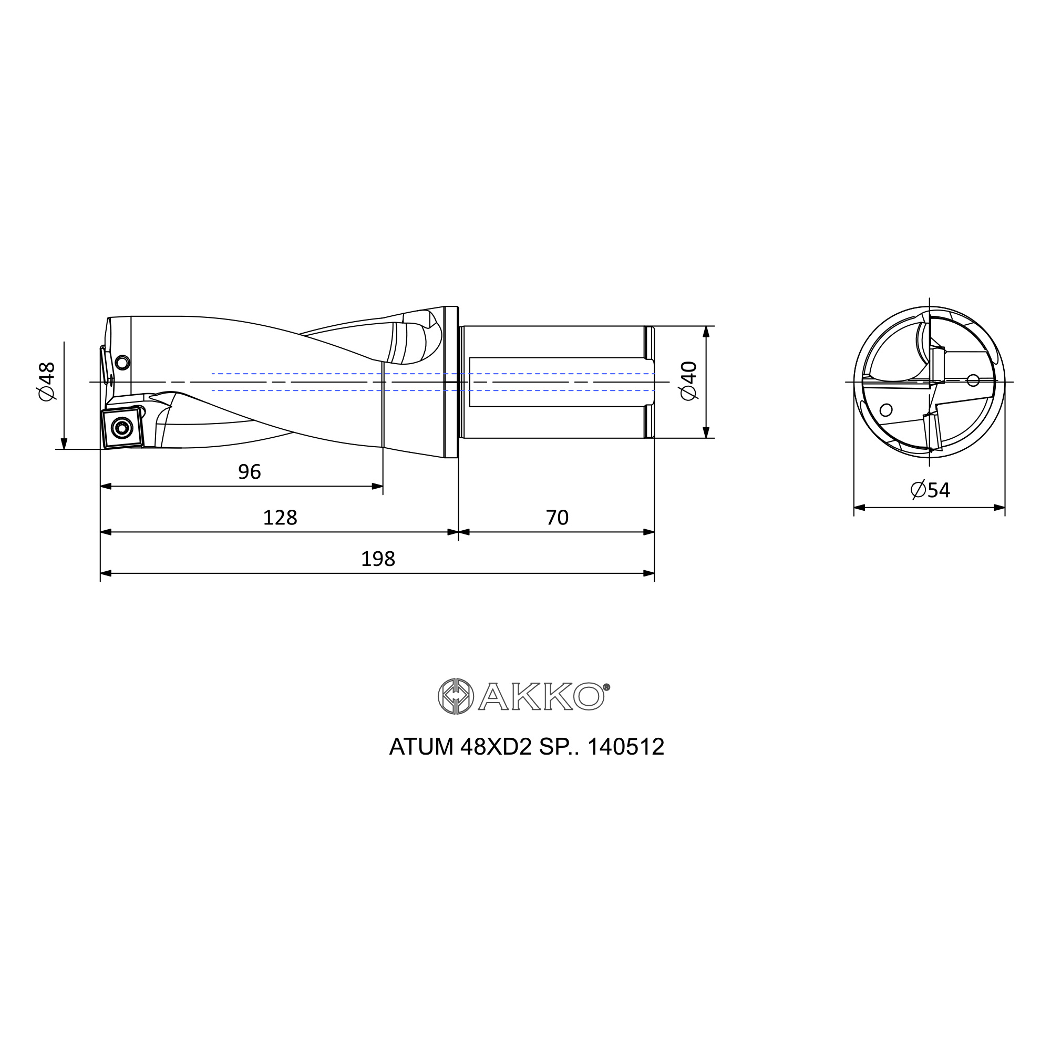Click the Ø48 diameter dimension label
tap(47, 382)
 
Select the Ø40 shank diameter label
tap(689, 380)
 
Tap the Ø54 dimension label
tap(930, 490)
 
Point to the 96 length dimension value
tap(250, 472)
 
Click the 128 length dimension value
tap(280, 517)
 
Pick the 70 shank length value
tap(557, 517)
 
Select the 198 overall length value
tap(378, 559)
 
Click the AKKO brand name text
tap(541, 697)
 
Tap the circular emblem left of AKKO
tap(455, 696)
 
